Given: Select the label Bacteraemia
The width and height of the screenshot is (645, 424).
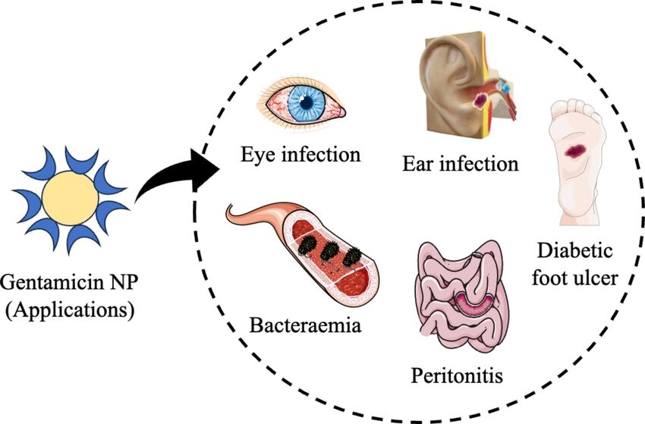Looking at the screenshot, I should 304,328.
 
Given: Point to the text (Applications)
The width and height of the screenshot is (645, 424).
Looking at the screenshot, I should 69,309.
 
